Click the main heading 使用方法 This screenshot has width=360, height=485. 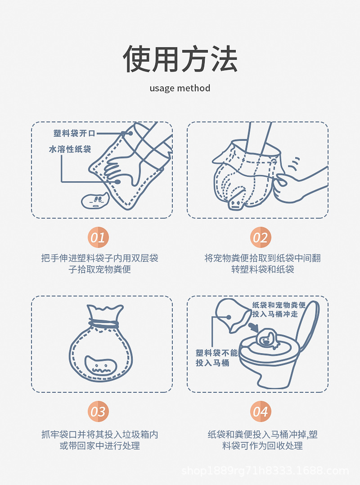click(x=180, y=59)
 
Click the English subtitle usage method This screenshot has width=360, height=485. click(x=180, y=88)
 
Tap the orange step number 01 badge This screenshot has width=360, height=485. click(x=98, y=238)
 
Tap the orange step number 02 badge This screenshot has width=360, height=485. click(x=261, y=238)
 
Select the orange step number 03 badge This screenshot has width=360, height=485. click(x=98, y=411)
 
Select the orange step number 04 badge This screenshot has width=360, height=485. click(x=261, y=411)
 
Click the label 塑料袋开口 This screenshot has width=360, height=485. click(x=74, y=133)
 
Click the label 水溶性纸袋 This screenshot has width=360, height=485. click(x=70, y=149)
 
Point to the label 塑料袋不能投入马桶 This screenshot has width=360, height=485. click(x=216, y=358)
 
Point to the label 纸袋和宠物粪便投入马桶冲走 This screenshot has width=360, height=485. click(x=279, y=310)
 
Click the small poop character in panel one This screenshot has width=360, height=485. click(x=95, y=200)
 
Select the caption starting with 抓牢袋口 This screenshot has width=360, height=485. click(x=99, y=440)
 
